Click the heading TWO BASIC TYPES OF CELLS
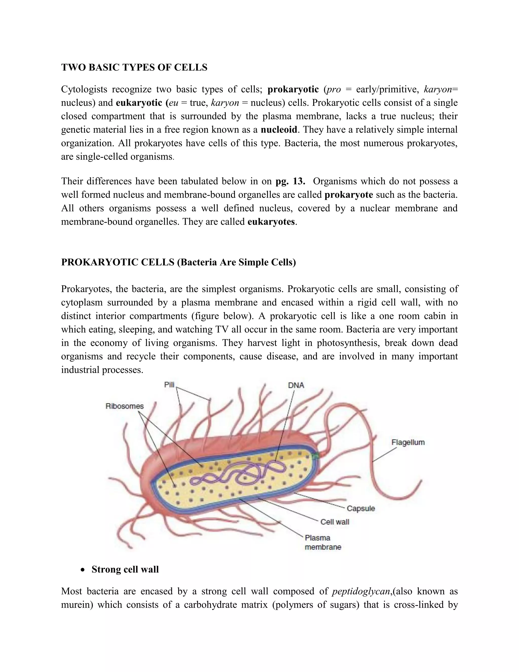pos(134,67)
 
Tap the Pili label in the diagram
pos(169,385)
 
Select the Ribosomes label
pos(124,406)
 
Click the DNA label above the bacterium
pos(296,385)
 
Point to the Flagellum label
pos(408,443)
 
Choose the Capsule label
pos(361,508)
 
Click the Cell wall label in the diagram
pos(335,522)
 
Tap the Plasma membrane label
pos(323,542)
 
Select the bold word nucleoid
pos(279,130)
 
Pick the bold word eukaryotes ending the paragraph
pos(271,222)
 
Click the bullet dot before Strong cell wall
pos(82,570)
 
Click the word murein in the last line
pos(77,605)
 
